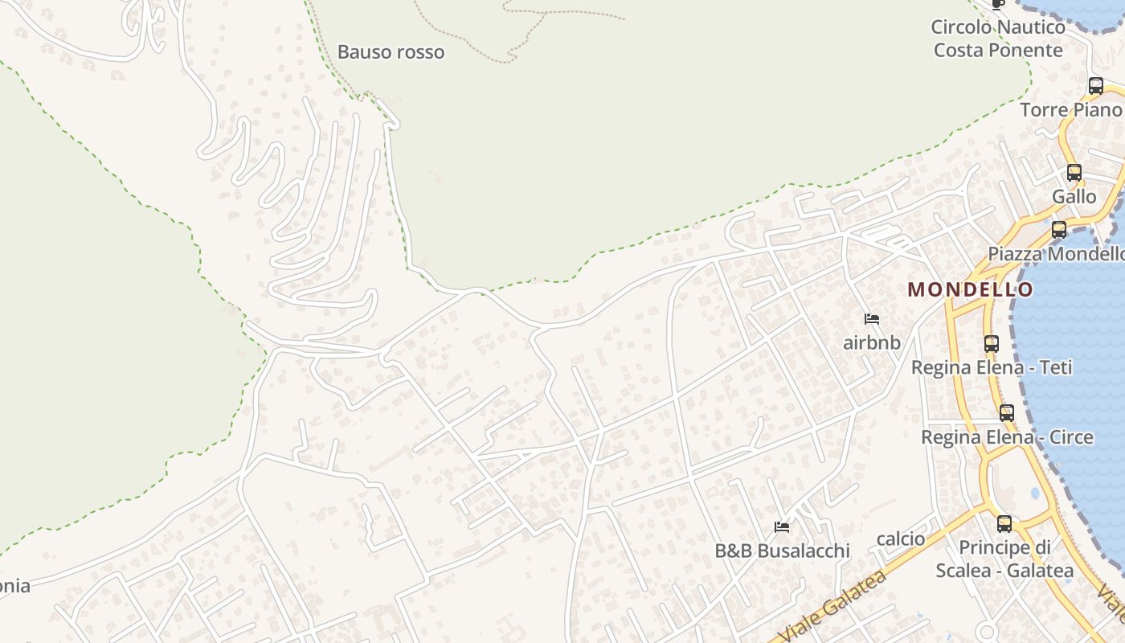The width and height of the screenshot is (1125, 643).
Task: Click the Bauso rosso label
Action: (391, 52)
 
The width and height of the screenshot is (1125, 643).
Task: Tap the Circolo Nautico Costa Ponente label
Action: (998, 39)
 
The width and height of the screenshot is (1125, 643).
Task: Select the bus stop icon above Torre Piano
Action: (1095, 86)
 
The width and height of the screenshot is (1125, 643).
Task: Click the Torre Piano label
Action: (1070, 110)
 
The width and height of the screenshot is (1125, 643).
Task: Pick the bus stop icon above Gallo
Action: (1074, 172)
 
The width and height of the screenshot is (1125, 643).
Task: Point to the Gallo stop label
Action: (1074, 196)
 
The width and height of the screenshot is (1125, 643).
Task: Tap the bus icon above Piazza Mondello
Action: (1059, 229)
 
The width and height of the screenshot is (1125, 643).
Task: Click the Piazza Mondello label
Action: (1056, 254)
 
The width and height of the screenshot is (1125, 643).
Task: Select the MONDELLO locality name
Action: (971, 289)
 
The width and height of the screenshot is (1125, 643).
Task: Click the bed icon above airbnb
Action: (872, 319)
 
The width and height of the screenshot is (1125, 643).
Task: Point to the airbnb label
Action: (872, 343)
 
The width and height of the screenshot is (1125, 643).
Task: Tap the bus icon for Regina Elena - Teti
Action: (992, 343)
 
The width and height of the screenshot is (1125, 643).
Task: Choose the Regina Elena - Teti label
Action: (992, 367)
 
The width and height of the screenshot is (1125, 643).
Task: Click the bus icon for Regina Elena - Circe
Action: (1007, 413)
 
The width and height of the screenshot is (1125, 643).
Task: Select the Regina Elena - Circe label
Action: (1007, 437)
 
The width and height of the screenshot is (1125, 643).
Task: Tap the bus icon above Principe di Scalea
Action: (1004, 524)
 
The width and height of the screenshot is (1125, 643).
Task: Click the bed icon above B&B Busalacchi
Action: (782, 527)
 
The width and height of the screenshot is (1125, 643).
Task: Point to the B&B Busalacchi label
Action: (782, 551)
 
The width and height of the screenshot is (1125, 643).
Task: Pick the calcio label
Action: (901, 539)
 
